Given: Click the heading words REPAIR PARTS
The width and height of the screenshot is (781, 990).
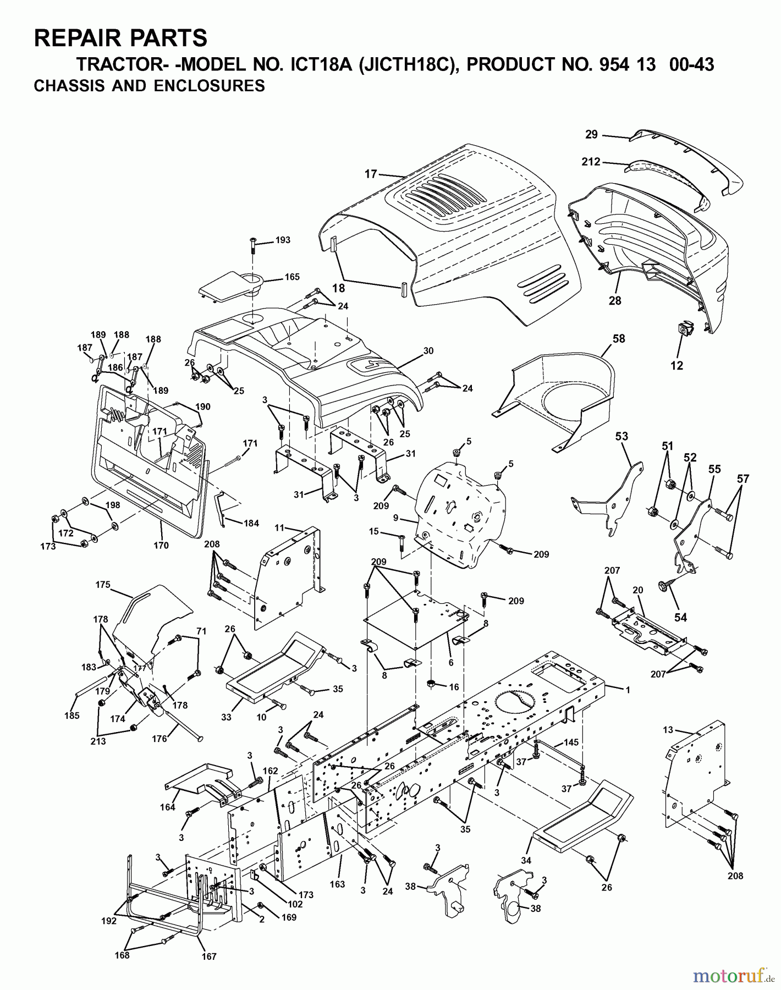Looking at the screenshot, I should (x=120, y=38).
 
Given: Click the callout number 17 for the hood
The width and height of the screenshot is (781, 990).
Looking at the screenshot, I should (x=371, y=174).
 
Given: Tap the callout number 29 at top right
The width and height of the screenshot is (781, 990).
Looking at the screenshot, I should (x=591, y=134).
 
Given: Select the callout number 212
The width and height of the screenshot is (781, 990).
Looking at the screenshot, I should (x=591, y=162).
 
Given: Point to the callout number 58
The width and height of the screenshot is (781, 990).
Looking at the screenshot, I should (x=619, y=339).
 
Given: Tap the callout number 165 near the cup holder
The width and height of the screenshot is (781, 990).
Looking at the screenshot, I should (x=291, y=278).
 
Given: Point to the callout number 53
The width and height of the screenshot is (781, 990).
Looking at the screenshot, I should (x=621, y=437).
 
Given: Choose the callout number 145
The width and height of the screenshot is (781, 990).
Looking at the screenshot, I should (x=571, y=743).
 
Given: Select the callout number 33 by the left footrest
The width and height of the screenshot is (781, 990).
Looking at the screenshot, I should (x=226, y=717).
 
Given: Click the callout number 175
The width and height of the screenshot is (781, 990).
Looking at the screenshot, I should (x=103, y=585).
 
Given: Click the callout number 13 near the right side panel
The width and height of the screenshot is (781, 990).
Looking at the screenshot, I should (x=668, y=729).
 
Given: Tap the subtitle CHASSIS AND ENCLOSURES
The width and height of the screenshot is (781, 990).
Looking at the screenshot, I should (x=149, y=86).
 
